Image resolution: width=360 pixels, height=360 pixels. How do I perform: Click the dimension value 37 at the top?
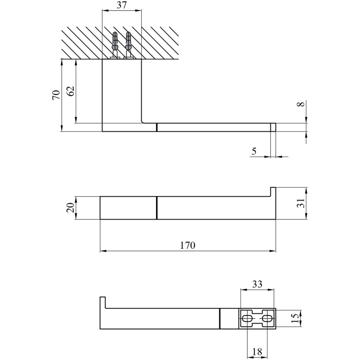(121, 5)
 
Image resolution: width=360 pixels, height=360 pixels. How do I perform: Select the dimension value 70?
(56, 94)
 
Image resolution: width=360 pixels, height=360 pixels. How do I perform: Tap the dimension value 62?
(71, 91)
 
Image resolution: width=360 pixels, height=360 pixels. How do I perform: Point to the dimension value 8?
(301, 104)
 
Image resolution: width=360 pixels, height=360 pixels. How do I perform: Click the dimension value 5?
(254, 151)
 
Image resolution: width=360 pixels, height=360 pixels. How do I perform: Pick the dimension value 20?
(71, 208)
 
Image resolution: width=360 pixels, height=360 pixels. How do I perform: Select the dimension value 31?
(301, 203)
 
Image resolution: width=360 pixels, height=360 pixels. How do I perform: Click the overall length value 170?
(188, 245)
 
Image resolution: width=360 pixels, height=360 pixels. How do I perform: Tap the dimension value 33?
(257, 284)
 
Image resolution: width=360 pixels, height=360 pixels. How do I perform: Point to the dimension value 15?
(295, 319)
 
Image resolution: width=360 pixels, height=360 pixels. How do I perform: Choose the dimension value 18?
(257, 351)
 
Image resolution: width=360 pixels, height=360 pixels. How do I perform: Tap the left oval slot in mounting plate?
(247, 319)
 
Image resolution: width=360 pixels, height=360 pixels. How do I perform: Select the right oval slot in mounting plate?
(267, 319)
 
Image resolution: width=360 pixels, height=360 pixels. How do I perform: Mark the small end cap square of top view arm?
(273, 127)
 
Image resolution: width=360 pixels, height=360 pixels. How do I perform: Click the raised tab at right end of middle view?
(273, 192)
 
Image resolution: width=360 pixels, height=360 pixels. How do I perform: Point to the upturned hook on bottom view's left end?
(103, 302)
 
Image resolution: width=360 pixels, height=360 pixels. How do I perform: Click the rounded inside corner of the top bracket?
(143, 121)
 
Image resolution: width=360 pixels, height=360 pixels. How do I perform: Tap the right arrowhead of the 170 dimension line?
(273, 251)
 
